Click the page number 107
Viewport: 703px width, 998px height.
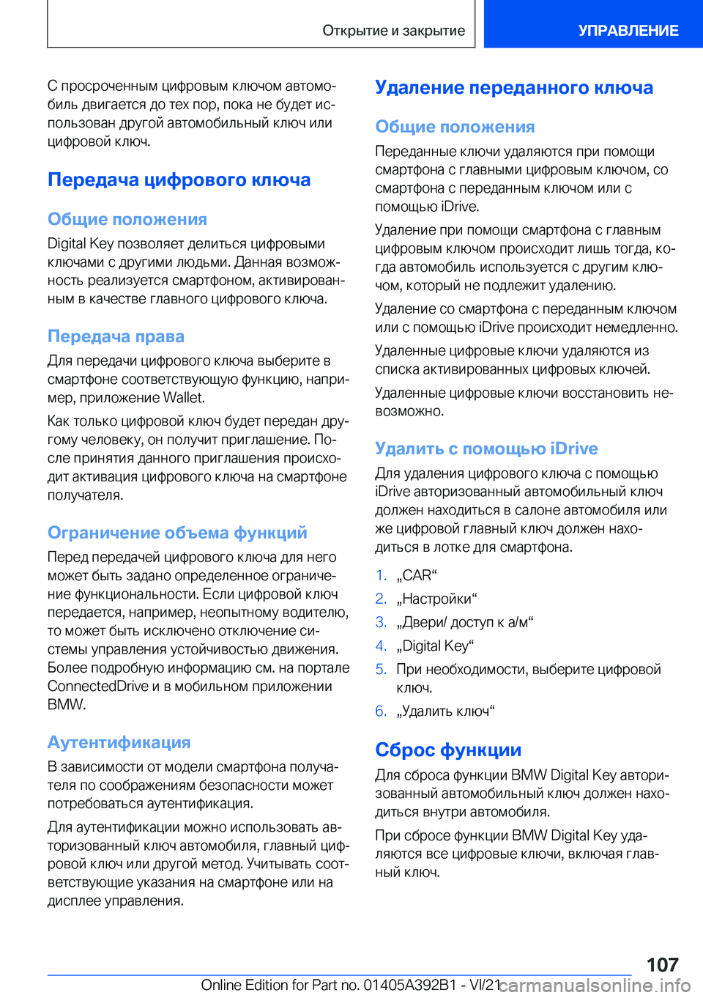tap(662, 964)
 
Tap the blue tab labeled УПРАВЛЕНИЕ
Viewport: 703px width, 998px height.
tap(628, 31)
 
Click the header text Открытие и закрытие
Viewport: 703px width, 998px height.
tap(393, 31)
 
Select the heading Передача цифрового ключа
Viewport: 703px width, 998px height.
tap(179, 180)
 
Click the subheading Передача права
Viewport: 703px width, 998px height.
tap(116, 336)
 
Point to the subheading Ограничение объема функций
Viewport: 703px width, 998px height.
tap(177, 533)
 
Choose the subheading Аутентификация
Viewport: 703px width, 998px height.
tap(119, 742)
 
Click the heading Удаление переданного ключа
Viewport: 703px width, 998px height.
tap(514, 87)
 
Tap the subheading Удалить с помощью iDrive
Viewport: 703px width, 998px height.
tap(486, 448)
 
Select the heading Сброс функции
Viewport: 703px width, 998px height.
tap(448, 750)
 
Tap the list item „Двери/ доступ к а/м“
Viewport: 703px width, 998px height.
tap(465, 622)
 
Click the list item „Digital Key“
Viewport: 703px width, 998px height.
tap(435, 646)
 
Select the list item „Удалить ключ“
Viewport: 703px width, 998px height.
tap(445, 711)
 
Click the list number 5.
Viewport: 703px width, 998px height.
tap(381, 669)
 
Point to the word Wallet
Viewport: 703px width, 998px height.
tap(183, 398)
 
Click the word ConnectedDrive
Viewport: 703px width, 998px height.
tap(98, 686)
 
